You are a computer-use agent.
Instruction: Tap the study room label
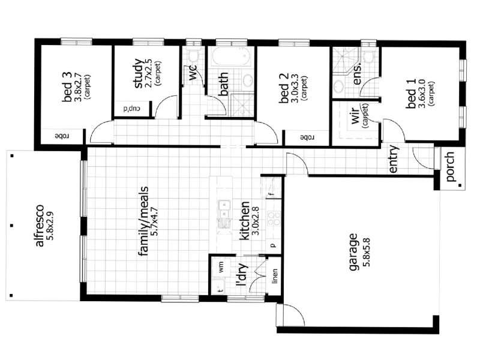(x=139, y=73)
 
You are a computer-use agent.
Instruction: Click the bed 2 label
(x=284, y=89)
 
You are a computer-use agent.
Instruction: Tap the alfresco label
(x=39, y=227)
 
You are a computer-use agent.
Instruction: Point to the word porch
(x=450, y=168)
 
